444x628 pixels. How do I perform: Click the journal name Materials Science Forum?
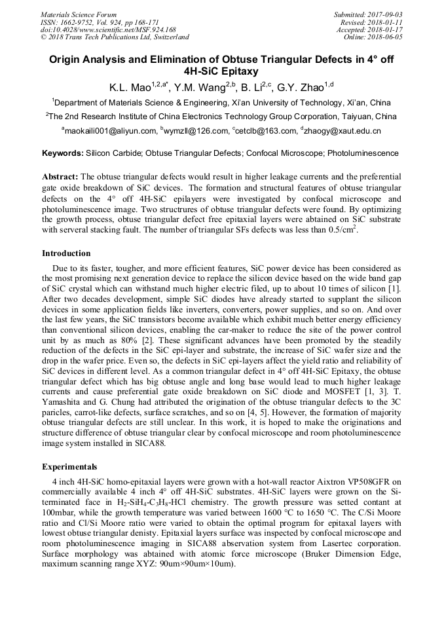click(79, 14)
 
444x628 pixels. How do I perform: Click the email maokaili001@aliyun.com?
click(111, 131)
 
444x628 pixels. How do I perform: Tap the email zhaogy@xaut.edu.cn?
click(342, 131)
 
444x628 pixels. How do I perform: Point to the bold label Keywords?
click(62, 153)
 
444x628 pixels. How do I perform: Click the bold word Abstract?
click(60, 177)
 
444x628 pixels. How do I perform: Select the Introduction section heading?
click(66, 253)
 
